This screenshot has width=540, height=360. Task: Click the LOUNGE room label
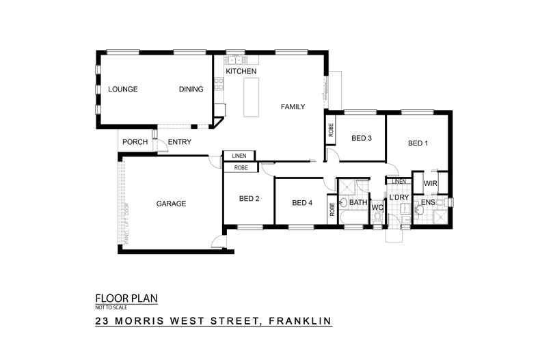click(x=123, y=89)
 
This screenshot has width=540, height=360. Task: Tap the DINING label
click(x=191, y=89)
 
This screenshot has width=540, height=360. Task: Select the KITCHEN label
click(x=241, y=71)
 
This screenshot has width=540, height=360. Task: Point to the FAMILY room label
click(x=292, y=107)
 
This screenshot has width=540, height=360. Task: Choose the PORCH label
click(x=134, y=142)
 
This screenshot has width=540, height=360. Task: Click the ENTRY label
click(x=179, y=142)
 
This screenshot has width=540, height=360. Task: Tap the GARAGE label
click(x=171, y=204)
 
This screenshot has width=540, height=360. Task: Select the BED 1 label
click(x=418, y=143)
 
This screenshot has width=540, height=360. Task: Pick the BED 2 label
click(x=249, y=200)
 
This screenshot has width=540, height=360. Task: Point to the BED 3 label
click(x=361, y=139)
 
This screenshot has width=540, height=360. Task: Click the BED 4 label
click(x=302, y=203)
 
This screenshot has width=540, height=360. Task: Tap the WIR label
click(x=431, y=184)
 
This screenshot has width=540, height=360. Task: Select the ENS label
click(x=427, y=203)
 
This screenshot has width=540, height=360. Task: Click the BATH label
click(x=358, y=203)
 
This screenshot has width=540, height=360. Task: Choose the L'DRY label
click(x=399, y=198)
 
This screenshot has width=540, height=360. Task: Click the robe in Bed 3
click(x=331, y=130)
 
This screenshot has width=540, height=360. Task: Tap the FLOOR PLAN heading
click(x=131, y=299)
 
